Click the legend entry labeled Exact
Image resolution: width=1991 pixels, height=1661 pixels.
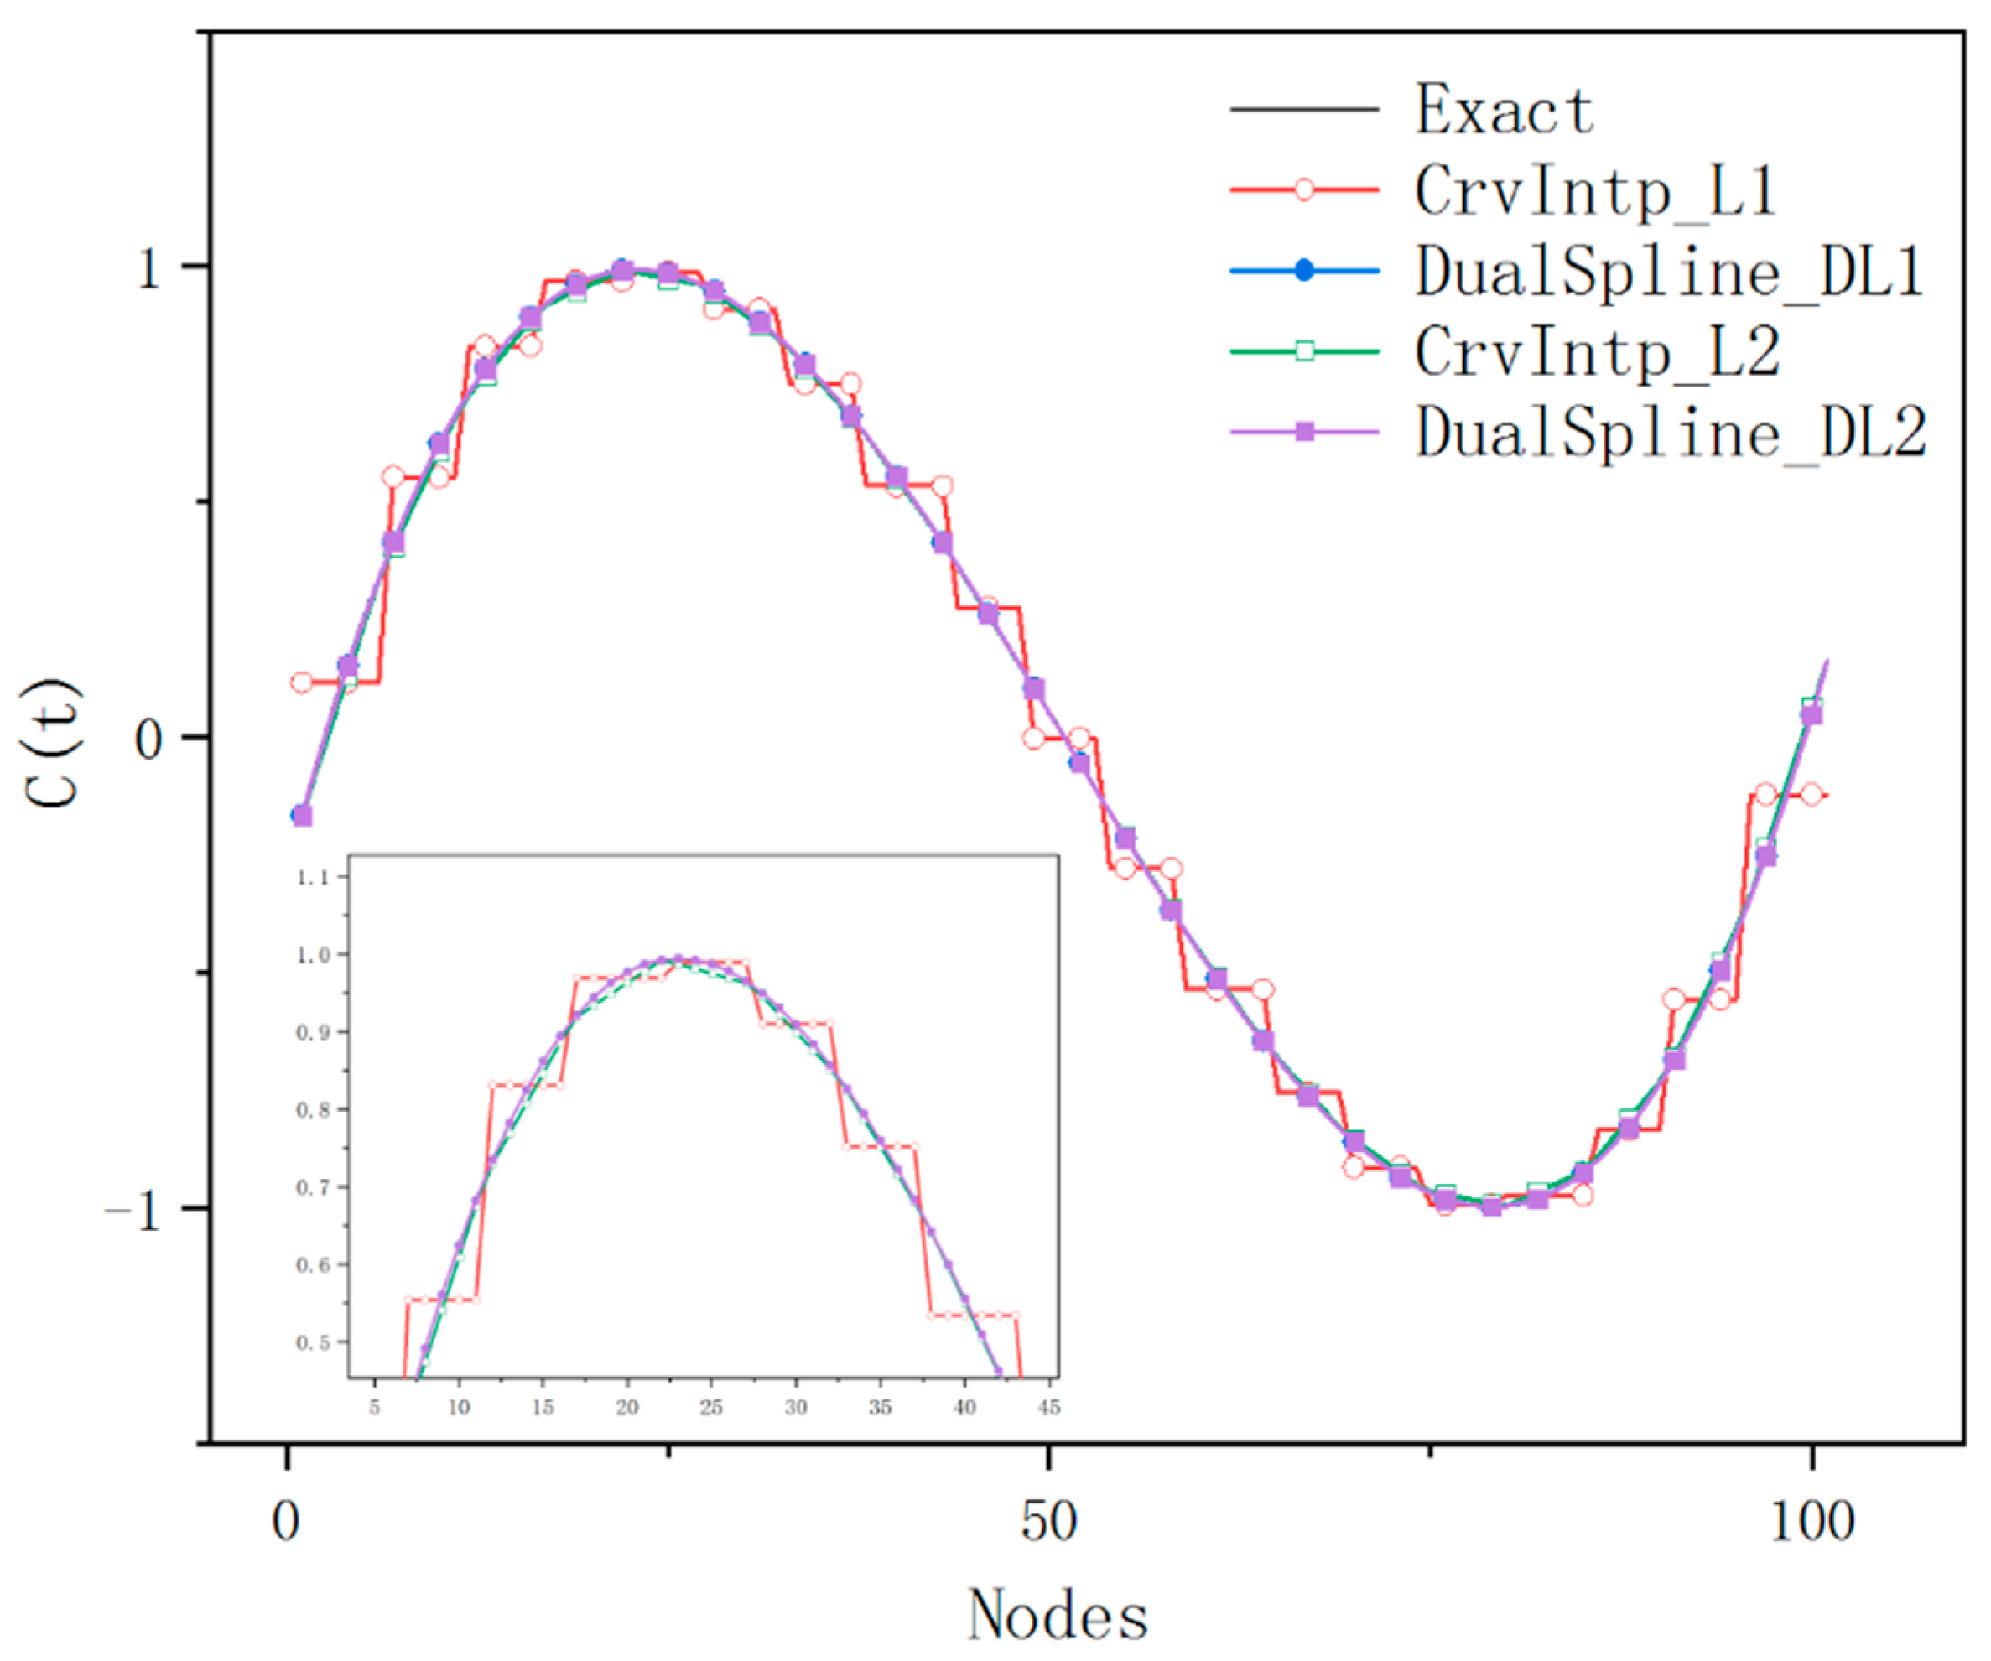tap(1505, 110)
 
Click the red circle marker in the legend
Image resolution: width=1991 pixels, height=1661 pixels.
tap(1305, 190)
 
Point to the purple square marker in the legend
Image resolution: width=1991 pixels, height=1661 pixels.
tap(1305, 433)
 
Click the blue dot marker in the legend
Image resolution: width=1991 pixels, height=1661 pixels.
tap(1305, 271)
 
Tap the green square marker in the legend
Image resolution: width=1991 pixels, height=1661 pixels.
tap(1305, 351)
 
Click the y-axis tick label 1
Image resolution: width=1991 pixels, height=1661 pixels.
tap(150, 269)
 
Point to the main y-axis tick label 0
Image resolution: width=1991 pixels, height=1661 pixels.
tap(150, 740)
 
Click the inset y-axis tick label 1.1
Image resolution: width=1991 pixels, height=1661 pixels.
tap(313, 878)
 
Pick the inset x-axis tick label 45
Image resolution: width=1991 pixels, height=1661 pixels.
tap(1048, 1408)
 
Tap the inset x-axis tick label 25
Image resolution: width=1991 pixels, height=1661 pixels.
tap(711, 1408)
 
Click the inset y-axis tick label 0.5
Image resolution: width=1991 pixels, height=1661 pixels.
tap(313, 1343)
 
